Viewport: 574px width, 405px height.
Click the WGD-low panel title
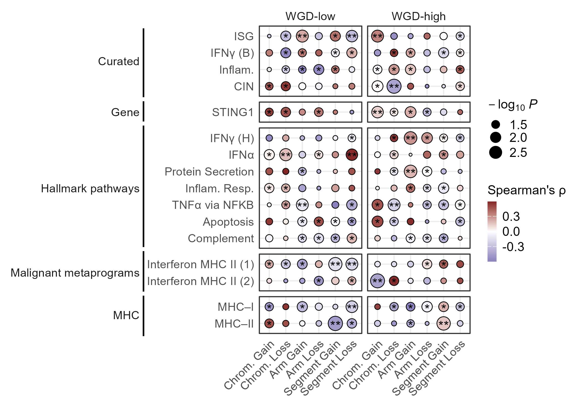pyautogui.click(x=310, y=16)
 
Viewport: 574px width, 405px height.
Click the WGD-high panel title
pyautogui.click(x=418, y=16)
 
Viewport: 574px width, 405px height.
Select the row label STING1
pyautogui.click(x=233, y=112)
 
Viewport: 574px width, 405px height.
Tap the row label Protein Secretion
pyautogui.click(x=209, y=172)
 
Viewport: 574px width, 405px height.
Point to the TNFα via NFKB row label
pyautogui.click(x=213, y=205)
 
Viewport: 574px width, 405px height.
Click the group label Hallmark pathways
pyautogui.click(x=90, y=188)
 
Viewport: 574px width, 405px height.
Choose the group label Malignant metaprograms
pyautogui.click(x=75, y=273)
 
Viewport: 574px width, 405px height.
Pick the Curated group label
pyautogui.click(x=119, y=61)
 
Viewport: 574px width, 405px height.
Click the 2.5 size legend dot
pyautogui.click(x=495, y=153)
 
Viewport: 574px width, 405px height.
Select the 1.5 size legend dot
pyautogui.click(x=495, y=125)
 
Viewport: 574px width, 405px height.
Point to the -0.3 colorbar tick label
pyautogui.click(x=513, y=247)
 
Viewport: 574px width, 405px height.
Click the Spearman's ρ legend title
pyautogui.click(x=527, y=190)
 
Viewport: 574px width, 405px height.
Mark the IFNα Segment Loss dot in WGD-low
pyautogui.click(x=352, y=155)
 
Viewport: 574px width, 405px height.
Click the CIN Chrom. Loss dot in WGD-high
pyautogui.click(x=394, y=86)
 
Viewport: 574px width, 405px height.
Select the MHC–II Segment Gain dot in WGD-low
pyautogui.click(x=335, y=323)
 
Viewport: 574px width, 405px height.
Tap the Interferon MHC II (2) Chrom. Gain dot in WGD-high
pyautogui.click(x=377, y=281)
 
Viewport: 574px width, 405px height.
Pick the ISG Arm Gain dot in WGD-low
pyautogui.click(x=302, y=36)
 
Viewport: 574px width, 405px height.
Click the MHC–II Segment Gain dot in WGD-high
pyautogui.click(x=444, y=323)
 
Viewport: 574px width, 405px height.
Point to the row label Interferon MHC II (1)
pyautogui.click(x=201, y=264)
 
